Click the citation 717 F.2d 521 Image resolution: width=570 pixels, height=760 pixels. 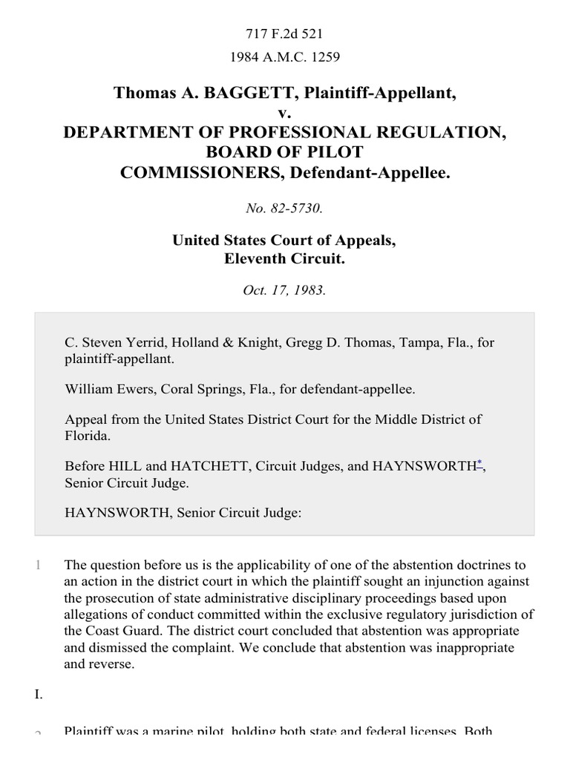(284, 33)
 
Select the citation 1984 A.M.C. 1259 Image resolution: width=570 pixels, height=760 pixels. (284, 56)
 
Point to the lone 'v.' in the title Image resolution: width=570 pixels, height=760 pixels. (284, 113)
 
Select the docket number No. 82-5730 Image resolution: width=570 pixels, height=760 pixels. (284, 209)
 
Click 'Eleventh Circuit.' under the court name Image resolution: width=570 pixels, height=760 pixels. (284, 259)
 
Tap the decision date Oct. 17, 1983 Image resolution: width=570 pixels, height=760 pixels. (284, 290)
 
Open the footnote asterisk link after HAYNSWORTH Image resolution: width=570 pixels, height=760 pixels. (479, 463)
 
